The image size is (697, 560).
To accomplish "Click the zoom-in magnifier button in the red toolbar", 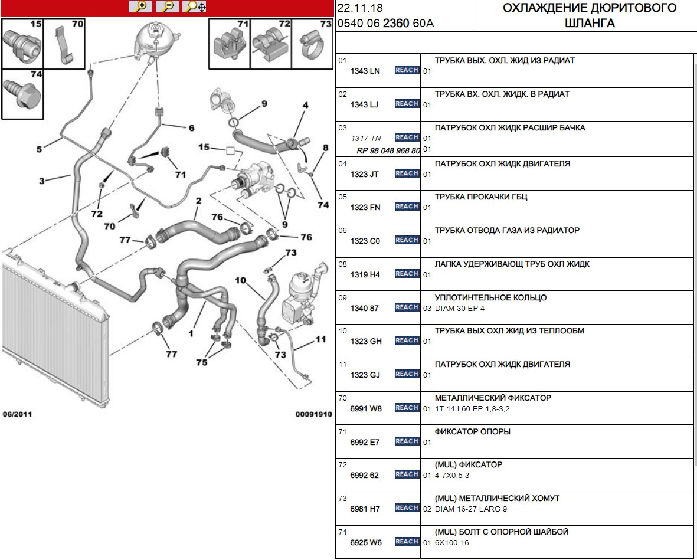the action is tap(140, 6).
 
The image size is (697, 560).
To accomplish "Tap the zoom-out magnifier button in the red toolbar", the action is tap(168, 6).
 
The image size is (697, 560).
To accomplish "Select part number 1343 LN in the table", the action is tap(365, 71).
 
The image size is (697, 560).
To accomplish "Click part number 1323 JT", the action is tap(365, 174).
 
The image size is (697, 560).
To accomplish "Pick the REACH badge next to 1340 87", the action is tap(407, 307).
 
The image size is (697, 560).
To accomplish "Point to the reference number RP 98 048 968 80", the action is tap(388, 150).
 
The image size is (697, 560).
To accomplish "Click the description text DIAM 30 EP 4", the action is tap(459, 309).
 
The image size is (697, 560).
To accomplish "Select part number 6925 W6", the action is tap(366, 542).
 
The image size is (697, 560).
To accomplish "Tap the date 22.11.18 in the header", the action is tap(359, 8).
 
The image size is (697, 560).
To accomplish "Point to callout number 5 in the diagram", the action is tap(39, 149).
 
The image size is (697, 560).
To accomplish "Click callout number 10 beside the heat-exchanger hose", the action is tap(240, 280).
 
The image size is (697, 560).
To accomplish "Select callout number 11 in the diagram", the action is tap(320, 339).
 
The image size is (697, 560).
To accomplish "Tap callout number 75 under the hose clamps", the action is tap(202, 363).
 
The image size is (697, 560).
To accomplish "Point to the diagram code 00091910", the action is tap(313, 414).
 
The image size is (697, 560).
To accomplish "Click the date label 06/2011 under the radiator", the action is tap(17, 414).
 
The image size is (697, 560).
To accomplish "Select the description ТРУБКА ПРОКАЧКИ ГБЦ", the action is tap(481, 197).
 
